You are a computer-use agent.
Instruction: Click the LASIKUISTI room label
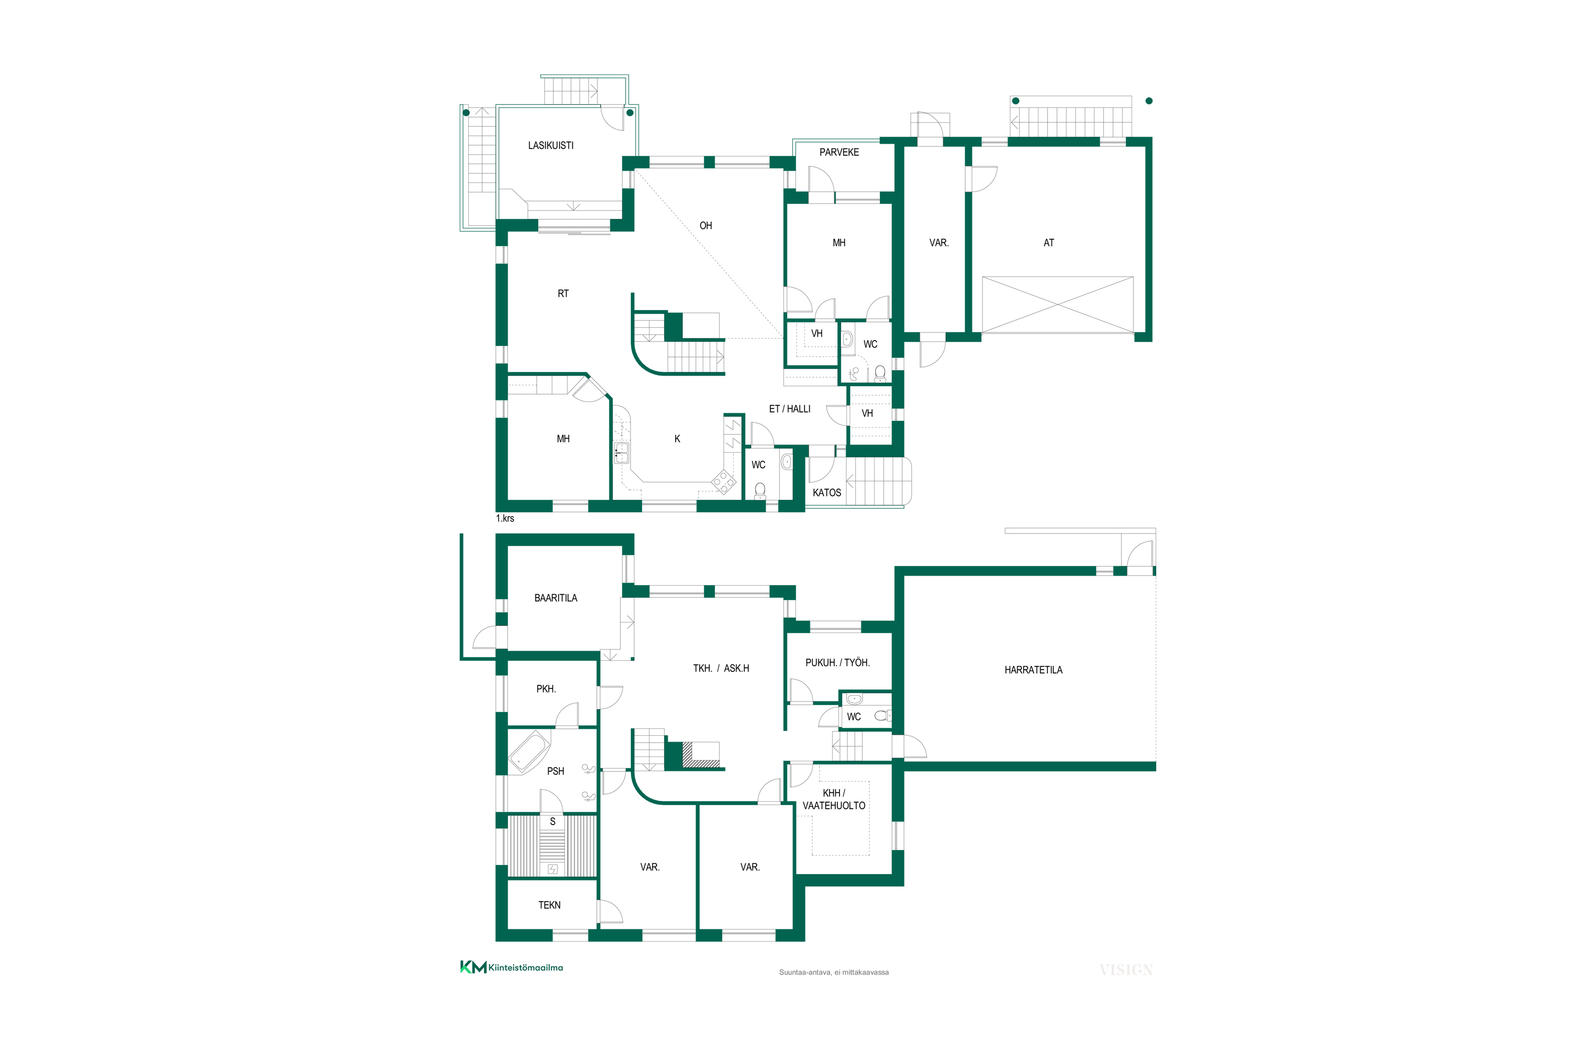pyautogui.click(x=550, y=145)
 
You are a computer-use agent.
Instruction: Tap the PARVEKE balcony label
pyautogui.click(x=839, y=152)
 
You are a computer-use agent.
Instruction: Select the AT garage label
pyautogui.click(x=1049, y=242)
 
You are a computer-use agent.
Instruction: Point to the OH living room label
pyautogui.click(x=706, y=225)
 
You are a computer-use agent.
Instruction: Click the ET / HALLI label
pyautogui.click(x=789, y=409)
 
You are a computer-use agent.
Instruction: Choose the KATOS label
pyautogui.click(x=827, y=493)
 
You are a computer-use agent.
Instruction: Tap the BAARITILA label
pyautogui.click(x=556, y=598)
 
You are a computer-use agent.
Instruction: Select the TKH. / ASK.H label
pyautogui.click(x=721, y=668)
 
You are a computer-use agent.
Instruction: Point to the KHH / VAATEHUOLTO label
pyautogui.click(x=834, y=800)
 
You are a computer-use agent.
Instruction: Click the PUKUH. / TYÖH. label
pyautogui.click(x=837, y=662)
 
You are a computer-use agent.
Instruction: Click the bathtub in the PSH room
pyautogui.click(x=529, y=752)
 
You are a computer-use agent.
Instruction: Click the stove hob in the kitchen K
pyautogui.click(x=724, y=482)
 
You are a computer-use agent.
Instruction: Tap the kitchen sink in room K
pyautogui.click(x=621, y=453)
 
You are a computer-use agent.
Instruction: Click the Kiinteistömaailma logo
pyautogui.click(x=512, y=967)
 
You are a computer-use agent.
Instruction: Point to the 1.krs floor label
pyautogui.click(x=505, y=518)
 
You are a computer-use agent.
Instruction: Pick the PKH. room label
pyautogui.click(x=546, y=689)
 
